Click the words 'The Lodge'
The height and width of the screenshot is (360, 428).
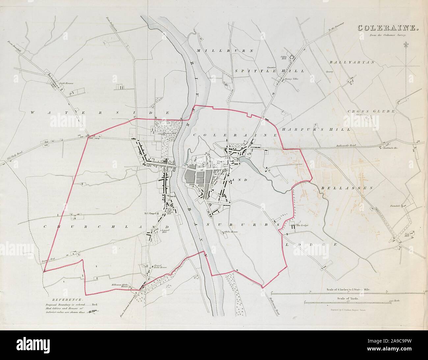point(302,225)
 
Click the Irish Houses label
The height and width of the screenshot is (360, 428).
point(66,83)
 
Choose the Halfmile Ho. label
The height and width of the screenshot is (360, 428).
point(391,148)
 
